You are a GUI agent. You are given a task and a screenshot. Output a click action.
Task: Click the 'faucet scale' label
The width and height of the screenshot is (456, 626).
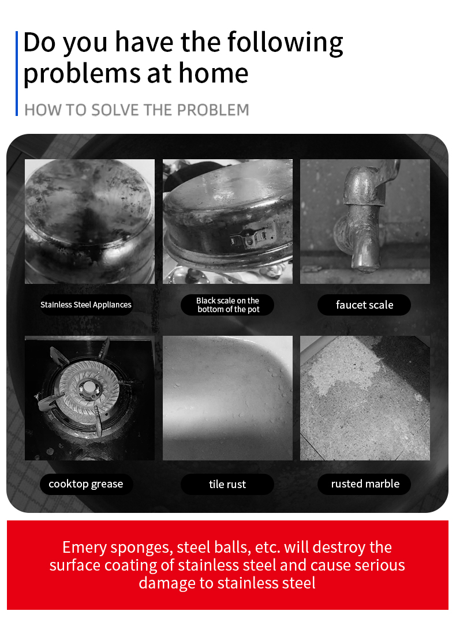pos(364,305)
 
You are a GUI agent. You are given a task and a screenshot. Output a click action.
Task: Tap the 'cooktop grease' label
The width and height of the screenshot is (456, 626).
pos(86,484)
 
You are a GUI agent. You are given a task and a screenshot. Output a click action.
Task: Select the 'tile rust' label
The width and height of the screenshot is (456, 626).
pos(227,484)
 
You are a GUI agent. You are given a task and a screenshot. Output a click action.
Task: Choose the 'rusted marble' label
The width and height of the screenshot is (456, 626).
pos(365,484)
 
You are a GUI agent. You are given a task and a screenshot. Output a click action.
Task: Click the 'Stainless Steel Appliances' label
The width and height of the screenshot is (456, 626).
pos(86,305)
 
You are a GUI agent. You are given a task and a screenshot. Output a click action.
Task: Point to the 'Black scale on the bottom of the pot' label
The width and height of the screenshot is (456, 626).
pos(227,305)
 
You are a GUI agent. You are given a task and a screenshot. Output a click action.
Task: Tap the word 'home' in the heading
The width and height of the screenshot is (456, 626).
pos(213,73)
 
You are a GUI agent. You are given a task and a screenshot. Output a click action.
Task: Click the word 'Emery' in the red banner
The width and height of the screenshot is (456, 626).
pos(84,548)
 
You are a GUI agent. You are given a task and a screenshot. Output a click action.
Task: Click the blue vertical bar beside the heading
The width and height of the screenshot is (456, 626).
pos(17,73)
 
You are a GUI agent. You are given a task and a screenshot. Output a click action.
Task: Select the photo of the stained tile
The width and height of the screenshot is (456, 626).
pos(227,398)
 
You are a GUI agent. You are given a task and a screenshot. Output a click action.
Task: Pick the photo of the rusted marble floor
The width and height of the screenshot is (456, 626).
pos(365,398)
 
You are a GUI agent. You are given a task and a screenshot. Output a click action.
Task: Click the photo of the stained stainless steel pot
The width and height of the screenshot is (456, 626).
pos(90,222)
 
